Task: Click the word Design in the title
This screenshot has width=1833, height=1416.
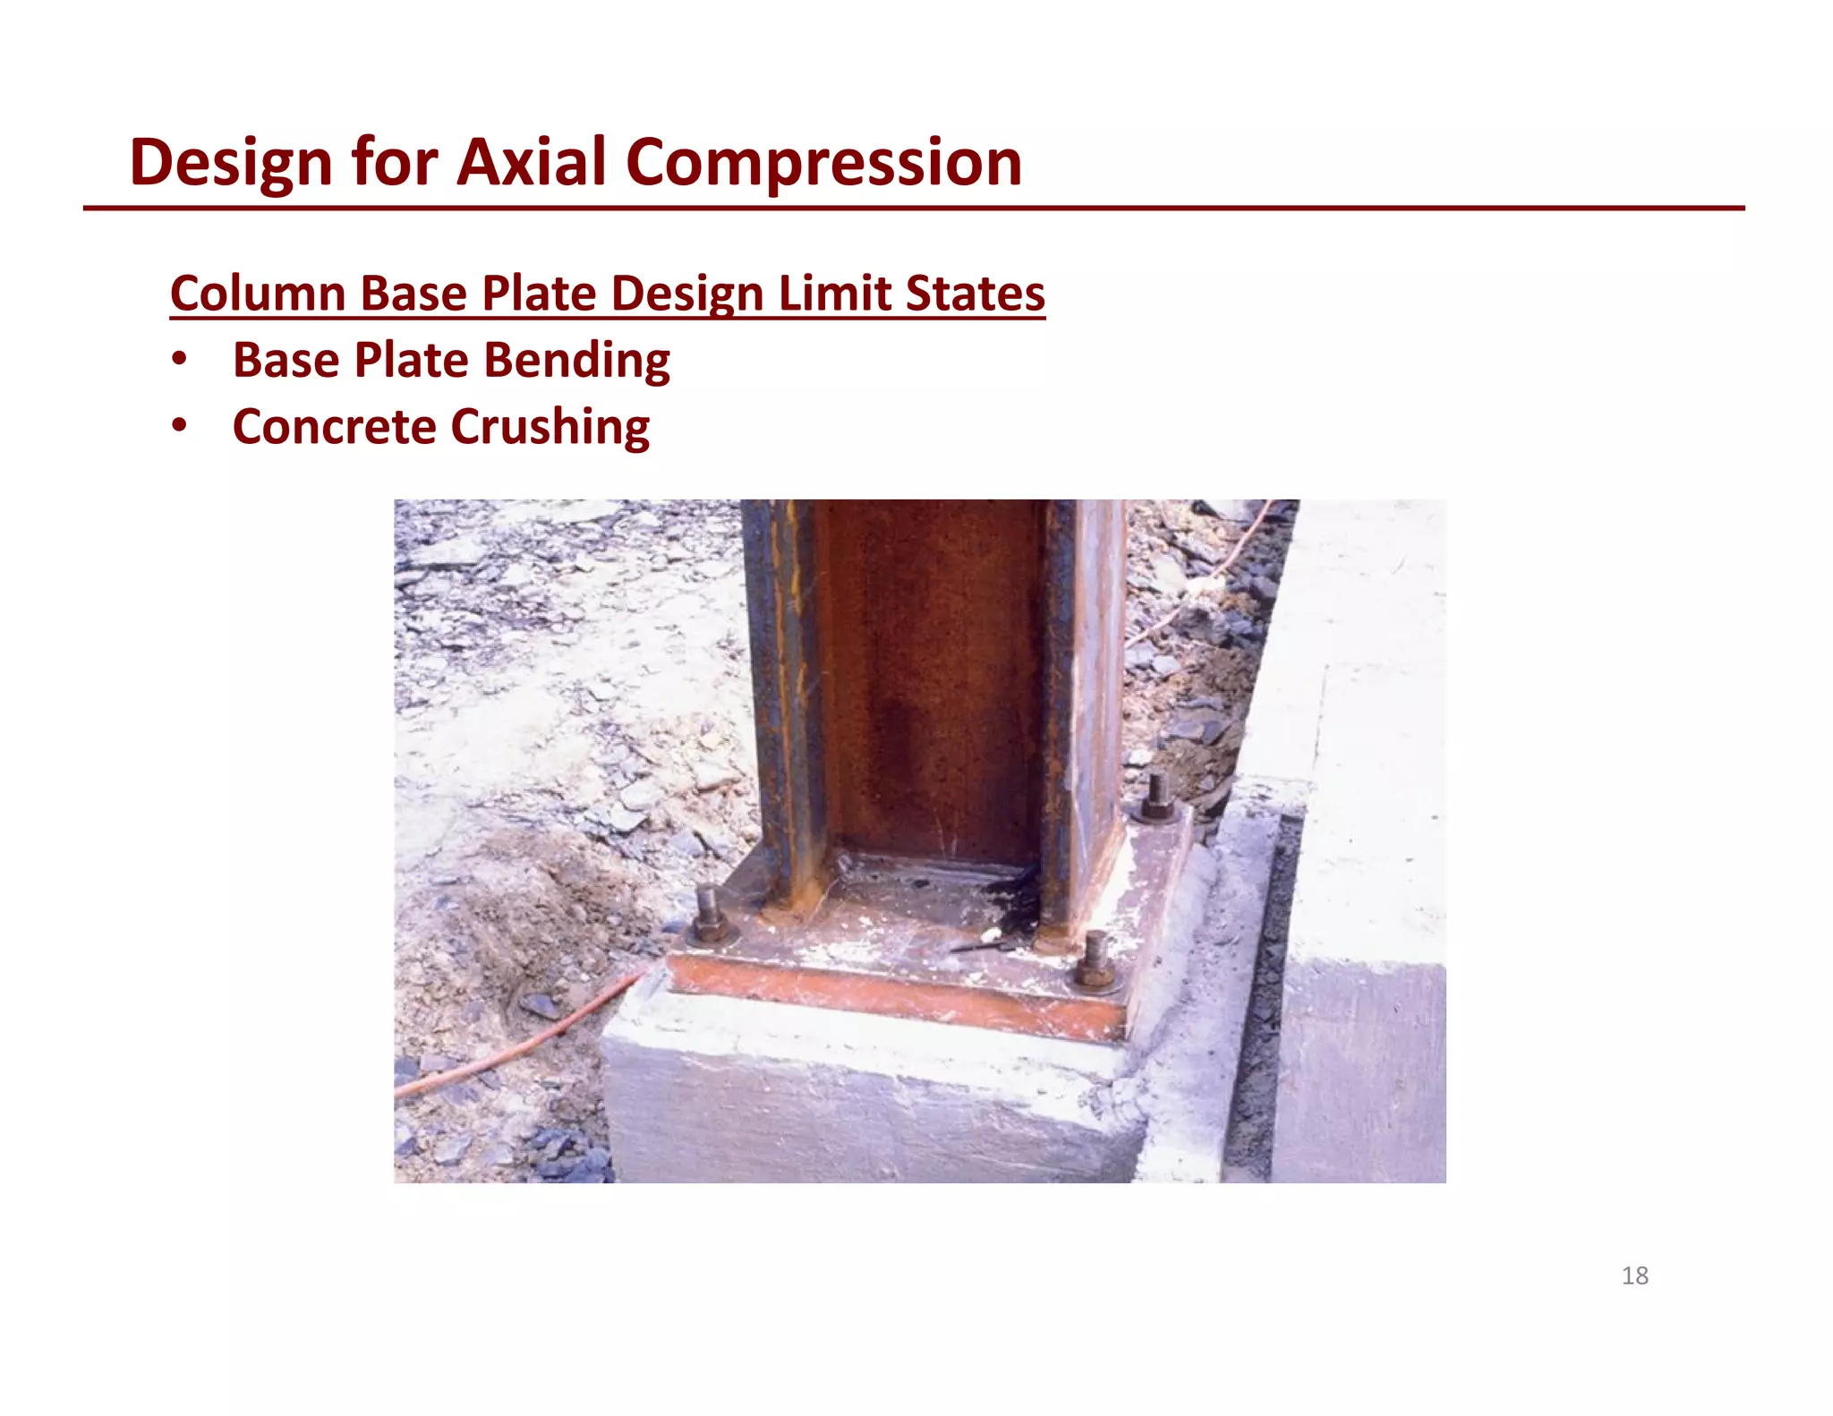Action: tap(231, 163)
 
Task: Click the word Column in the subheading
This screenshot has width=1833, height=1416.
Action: tap(258, 294)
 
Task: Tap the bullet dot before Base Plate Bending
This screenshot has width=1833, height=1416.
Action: tap(180, 360)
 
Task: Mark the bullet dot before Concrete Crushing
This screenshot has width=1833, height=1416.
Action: tap(180, 426)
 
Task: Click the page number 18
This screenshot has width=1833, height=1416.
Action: tap(1634, 1275)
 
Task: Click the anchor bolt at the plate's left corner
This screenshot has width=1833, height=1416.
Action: tap(707, 915)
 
